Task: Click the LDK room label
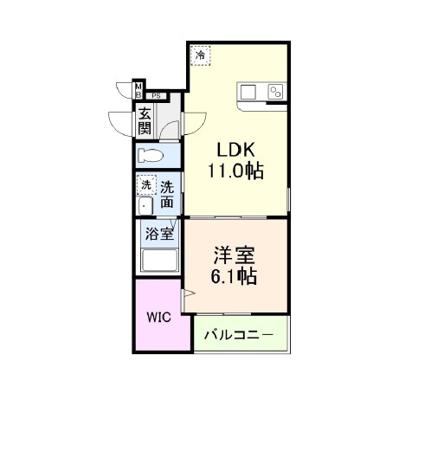235,150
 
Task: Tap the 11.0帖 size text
235,171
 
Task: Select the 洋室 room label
235,255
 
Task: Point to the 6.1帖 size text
234,276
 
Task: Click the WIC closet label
159,317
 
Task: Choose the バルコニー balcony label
239,335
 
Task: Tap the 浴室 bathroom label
159,234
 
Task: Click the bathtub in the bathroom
160,261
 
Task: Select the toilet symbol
151,155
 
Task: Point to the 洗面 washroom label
167,194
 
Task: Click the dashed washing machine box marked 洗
146,185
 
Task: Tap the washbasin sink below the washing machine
145,205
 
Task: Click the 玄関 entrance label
145,121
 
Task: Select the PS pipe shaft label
156,96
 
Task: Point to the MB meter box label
138,91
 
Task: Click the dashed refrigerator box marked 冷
200,55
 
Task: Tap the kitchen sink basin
248,93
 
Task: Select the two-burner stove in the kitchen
275,92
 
